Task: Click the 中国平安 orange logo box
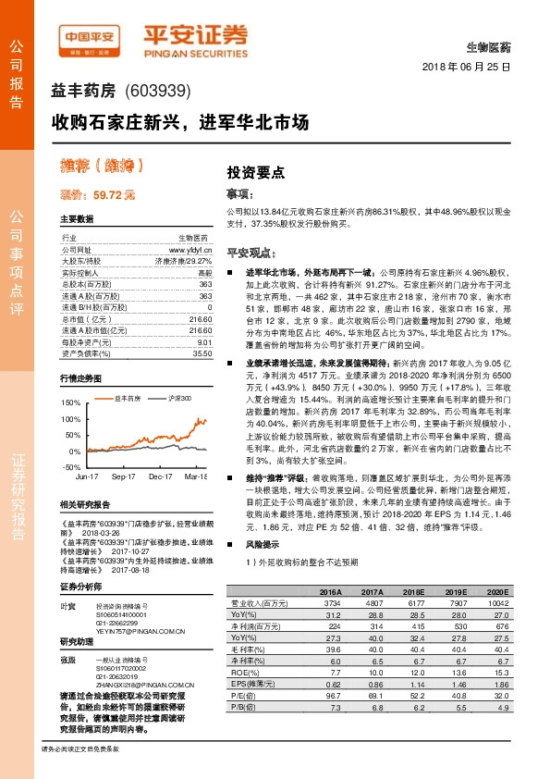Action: coord(91,37)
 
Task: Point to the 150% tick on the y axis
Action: coord(70,404)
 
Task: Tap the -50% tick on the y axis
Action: coord(71,467)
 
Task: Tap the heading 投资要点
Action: coord(256,172)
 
